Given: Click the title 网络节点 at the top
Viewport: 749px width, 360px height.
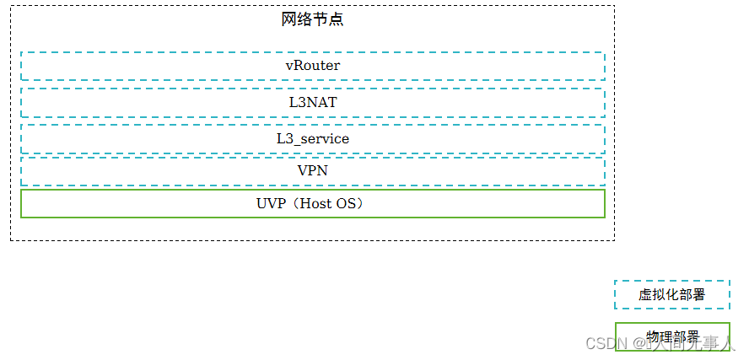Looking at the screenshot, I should (x=312, y=19).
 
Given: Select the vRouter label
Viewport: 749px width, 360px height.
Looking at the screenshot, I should (x=313, y=65).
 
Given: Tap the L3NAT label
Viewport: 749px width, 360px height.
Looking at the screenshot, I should (x=313, y=102).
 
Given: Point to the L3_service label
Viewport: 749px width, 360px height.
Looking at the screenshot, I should (x=313, y=138).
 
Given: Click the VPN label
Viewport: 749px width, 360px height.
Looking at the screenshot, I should (x=313, y=170).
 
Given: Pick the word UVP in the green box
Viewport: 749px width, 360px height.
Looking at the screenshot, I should (x=269, y=203).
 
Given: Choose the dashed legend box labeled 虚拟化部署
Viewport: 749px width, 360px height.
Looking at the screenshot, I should (x=672, y=294).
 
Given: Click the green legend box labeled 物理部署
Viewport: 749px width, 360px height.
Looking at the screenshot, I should (x=672, y=336).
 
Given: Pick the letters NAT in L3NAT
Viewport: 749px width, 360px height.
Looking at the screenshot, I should (x=321, y=102).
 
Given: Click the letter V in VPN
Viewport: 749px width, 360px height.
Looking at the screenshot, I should (x=303, y=170).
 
